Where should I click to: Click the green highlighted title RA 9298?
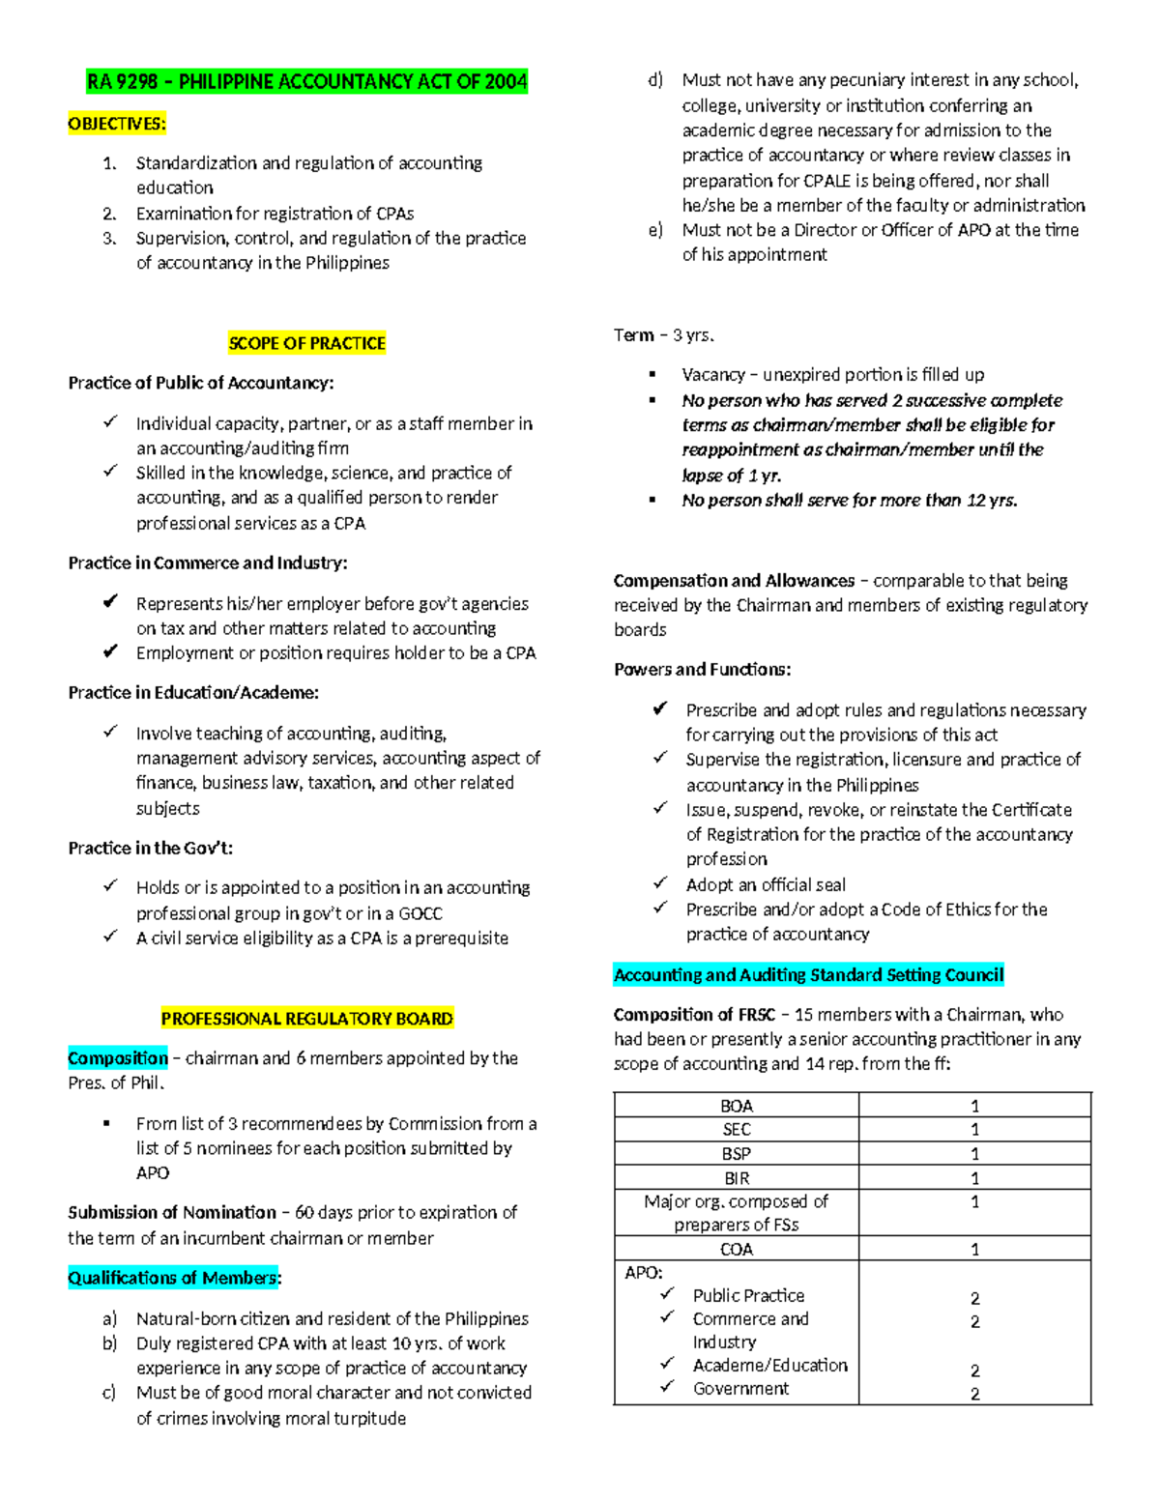tap(306, 81)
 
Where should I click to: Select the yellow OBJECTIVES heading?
tap(117, 124)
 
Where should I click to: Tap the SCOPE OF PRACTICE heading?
tap(306, 343)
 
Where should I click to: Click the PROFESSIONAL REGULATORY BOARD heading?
tap(306, 1019)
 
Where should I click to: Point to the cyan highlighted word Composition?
tap(117, 1058)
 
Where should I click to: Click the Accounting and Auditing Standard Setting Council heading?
tap(808, 974)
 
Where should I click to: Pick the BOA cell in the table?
tap(736, 1106)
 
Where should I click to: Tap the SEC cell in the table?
tap(736, 1129)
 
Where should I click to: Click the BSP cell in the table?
tap(736, 1154)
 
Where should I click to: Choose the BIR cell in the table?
tap(736, 1178)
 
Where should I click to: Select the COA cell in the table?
tap(736, 1250)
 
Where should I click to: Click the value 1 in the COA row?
tap(974, 1250)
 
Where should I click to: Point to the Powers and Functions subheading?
tap(702, 669)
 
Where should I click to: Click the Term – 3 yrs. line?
tap(663, 335)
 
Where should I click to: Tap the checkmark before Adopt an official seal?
tap(660, 883)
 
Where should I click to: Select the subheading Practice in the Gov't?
tap(150, 848)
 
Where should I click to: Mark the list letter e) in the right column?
tap(656, 230)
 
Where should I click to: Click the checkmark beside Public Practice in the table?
tap(667, 1294)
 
